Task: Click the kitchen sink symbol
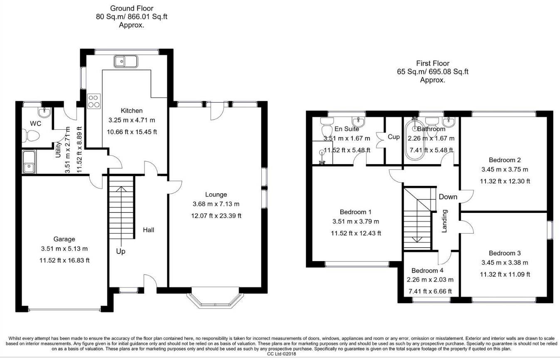click(x=125, y=62)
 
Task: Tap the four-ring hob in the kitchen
click(x=94, y=101)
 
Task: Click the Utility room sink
click(x=29, y=162)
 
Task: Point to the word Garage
click(x=64, y=239)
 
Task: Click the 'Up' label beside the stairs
click(x=121, y=252)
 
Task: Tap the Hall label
click(x=149, y=229)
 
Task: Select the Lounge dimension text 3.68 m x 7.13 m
click(x=216, y=204)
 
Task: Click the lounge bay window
click(x=215, y=301)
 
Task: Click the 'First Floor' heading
click(x=433, y=64)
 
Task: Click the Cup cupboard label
click(x=394, y=137)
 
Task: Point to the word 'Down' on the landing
click(x=448, y=197)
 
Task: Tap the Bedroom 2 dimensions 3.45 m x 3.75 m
click(x=505, y=170)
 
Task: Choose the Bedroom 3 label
click(x=505, y=253)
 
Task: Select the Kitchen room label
click(x=131, y=111)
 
